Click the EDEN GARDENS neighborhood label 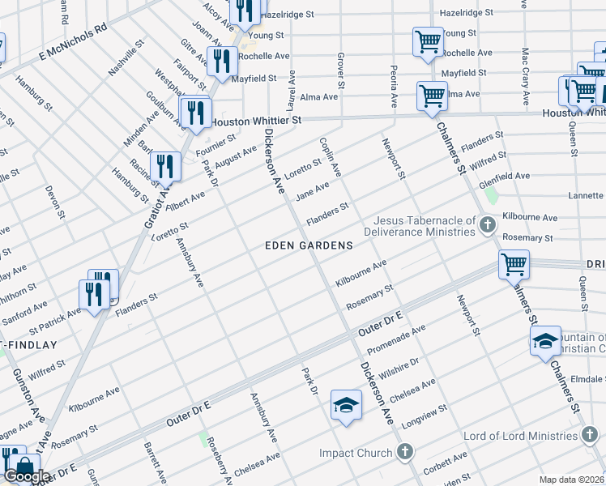[x=309, y=245]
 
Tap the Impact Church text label [x=356, y=453]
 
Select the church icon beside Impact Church [x=406, y=453]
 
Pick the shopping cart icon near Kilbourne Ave [x=514, y=264]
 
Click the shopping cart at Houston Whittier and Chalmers [x=432, y=96]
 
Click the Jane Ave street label [x=312, y=190]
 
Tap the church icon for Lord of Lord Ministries [x=590, y=436]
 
